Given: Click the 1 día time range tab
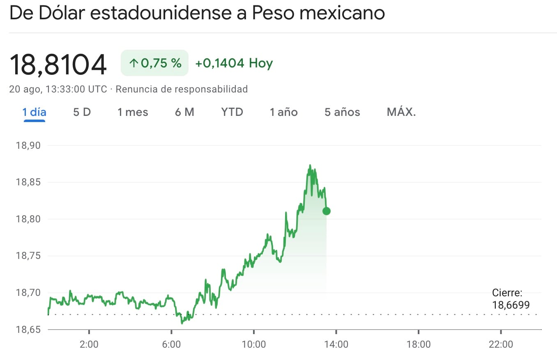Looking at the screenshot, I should pyautogui.click(x=34, y=112).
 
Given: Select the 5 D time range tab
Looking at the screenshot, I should pyautogui.click(x=82, y=112).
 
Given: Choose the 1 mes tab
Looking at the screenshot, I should pyautogui.click(x=133, y=112).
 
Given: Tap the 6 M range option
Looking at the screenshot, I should pyautogui.click(x=184, y=112).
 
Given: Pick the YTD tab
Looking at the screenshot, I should pyautogui.click(x=232, y=112).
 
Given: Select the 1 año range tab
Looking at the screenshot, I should pyautogui.click(x=283, y=112).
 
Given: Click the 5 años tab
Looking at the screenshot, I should pyautogui.click(x=342, y=112).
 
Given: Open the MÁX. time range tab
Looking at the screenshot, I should pyautogui.click(x=401, y=112).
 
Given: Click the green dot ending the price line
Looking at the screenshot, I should pyautogui.click(x=327, y=211).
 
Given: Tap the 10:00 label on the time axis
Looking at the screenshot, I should pyautogui.click(x=254, y=344).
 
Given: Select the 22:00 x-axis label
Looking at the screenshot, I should pyautogui.click(x=501, y=344).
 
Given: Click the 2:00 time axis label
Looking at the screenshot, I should pyautogui.click(x=89, y=344).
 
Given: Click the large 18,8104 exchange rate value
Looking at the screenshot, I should pyautogui.click(x=58, y=65).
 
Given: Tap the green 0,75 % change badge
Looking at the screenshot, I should pyautogui.click(x=154, y=63).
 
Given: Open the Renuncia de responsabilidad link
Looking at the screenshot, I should pyautogui.click(x=182, y=89).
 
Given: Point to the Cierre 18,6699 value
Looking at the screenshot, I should pyautogui.click(x=511, y=305).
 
